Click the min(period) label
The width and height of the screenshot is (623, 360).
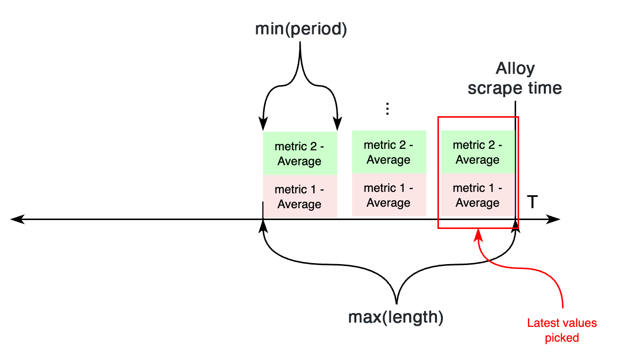point(300,29)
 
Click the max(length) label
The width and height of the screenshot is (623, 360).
point(395,317)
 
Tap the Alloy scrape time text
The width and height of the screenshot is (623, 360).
point(515,78)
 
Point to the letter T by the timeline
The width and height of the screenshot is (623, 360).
point(532,203)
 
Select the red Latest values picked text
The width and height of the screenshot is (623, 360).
point(562,330)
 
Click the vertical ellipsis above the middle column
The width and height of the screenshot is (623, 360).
point(388,109)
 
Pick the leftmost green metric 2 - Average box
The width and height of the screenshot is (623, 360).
point(299,153)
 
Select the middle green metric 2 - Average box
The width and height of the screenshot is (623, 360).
point(388,152)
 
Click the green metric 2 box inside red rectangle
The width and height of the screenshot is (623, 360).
point(478,152)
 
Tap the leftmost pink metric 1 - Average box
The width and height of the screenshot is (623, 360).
point(299,196)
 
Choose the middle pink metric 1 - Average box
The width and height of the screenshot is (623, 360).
point(388,195)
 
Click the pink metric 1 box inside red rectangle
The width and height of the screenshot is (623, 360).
point(478,195)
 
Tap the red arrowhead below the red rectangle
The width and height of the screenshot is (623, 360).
point(478,233)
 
